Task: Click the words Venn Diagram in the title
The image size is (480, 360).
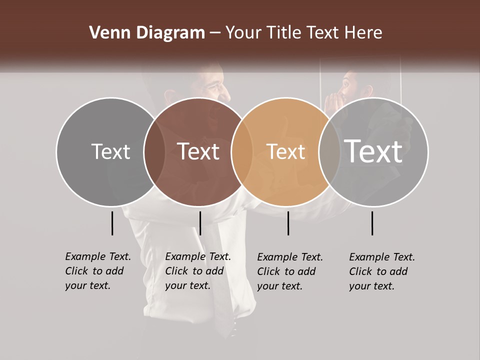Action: pyautogui.click(x=147, y=33)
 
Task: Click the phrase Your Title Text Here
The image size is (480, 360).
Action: pyautogui.click(x=303, y=33)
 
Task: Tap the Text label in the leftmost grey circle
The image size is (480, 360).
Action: pyautogui.click(x=110, y=151)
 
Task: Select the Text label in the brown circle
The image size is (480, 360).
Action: pyautogui.click(x=198, y=151)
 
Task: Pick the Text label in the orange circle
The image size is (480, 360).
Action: pyautogui.click(x=286, y=151)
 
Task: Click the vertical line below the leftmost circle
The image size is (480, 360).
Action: pyautogui.click(x=112, y=223)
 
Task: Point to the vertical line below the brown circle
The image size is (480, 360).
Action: pyautogui.click(x=200, y=223)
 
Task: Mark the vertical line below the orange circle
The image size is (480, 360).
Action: pyautogui.click(x=288, y=223)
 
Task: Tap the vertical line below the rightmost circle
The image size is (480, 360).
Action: pyautogui.click(x=372, y=223)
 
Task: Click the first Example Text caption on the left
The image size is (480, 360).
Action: pyautogui.click(x=97, y=271)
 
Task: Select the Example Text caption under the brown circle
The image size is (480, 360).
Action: pyautogui.click(x=197, y=271)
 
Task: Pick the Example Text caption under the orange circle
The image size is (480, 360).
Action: pyautogui.click(x=289, y=271)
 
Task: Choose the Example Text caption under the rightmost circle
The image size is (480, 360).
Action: pyautogui.click(x=381, y=271)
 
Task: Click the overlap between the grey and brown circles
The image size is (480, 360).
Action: pyautogui.click(x=154, y=151)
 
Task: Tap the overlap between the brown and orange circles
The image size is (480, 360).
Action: pyautogui.click(x=242, y=151)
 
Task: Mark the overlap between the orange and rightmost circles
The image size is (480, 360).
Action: pyautogui.click(x=329, y=151)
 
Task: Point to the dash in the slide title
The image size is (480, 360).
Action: pyautogui.click(x=215, y=33)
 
